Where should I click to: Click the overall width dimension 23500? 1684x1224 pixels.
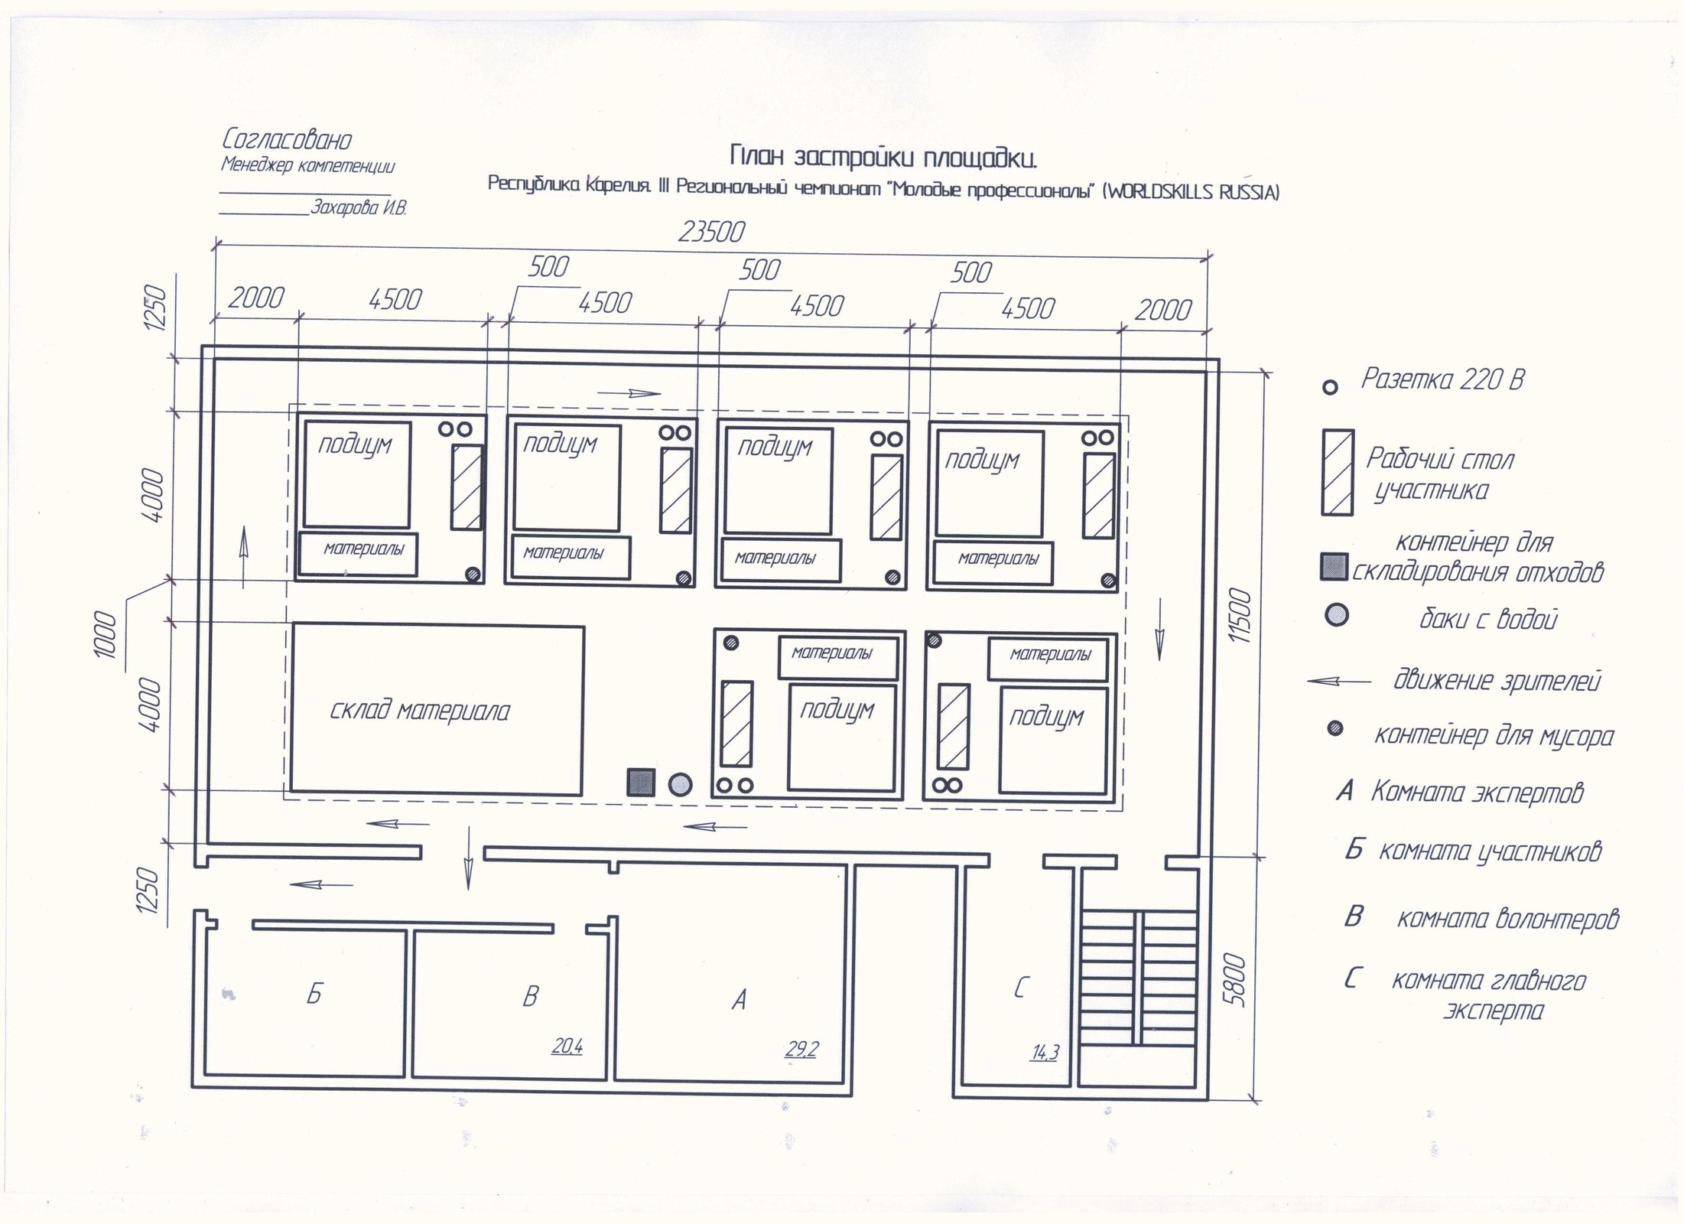[710, 231]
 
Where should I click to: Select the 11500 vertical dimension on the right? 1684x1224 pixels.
[1240, 615]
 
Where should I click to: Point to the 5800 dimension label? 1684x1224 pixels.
[1234, 980]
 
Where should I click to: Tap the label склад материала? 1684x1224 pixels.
[420, 711]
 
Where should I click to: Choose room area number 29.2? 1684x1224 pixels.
[801, 1050]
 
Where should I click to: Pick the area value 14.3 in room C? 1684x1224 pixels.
[1045, 1053]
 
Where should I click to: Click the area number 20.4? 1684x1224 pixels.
[567, 1046]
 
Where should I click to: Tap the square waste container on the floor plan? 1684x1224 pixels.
[641, 783]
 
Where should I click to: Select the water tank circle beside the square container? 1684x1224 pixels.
[680, 784]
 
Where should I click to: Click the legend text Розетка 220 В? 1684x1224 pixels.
[1442, 379]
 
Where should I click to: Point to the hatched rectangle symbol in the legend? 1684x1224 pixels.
[1337, 472]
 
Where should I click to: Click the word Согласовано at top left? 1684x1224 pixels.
[287, 140]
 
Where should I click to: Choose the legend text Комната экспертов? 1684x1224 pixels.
[1476, 793]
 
